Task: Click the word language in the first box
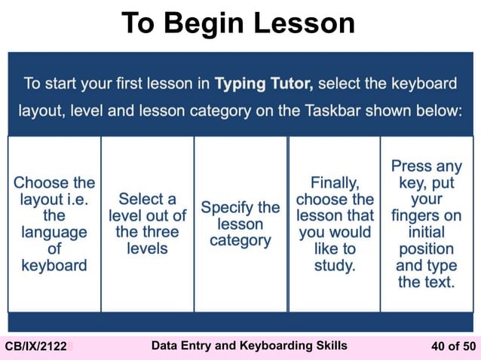[x=54, y=232]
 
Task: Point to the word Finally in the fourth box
[x=335, y=182]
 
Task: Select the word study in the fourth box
[x=335, y=265]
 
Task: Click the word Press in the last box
[x=412, y=166]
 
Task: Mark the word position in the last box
[x=426, y=249]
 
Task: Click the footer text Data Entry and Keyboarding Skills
[x=250, y=346]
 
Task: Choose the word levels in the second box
[x=147, y=249]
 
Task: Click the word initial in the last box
[x=426, y=232]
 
